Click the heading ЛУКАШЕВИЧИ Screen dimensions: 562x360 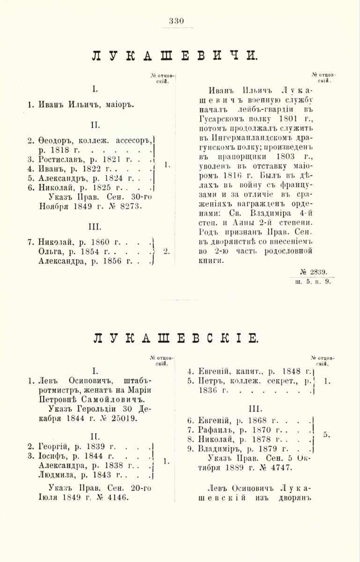[x=180, y=55]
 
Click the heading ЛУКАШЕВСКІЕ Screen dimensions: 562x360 [x=180, y=338]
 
